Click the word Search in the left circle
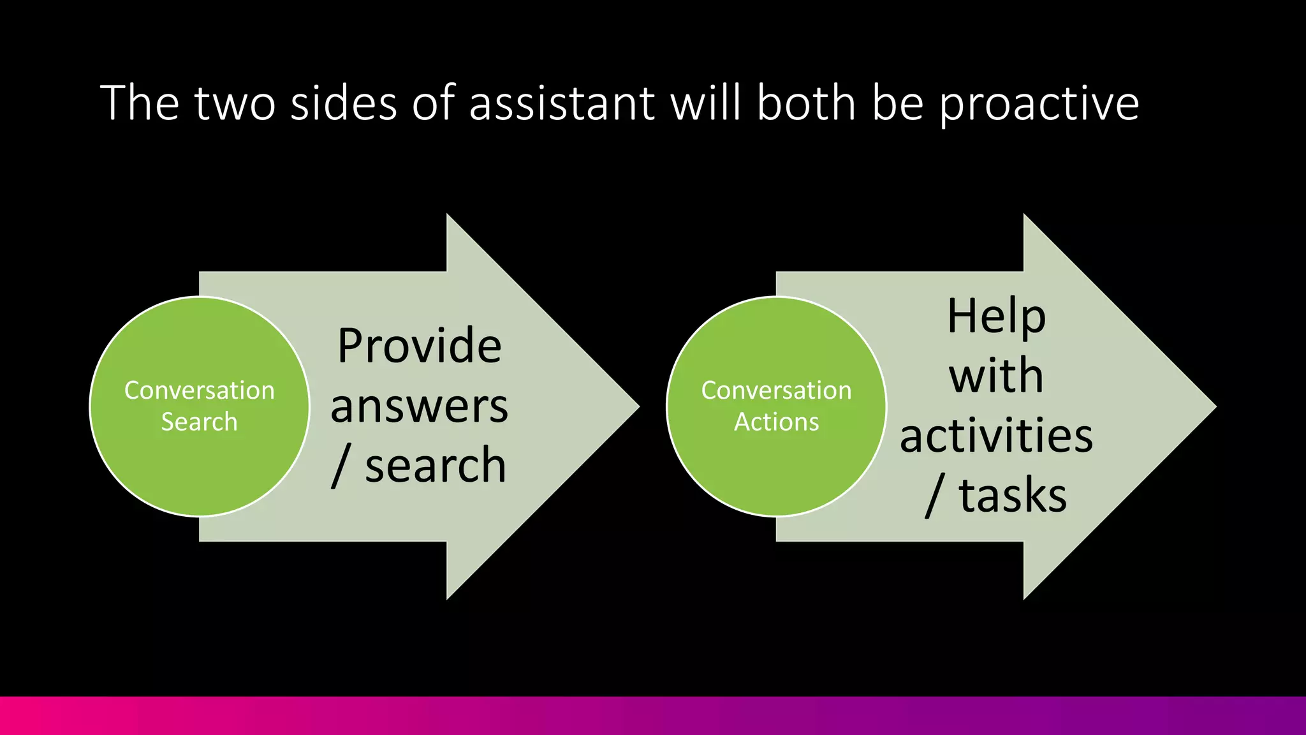(x=199, y=422)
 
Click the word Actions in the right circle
(x=776, y=422)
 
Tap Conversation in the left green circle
(x=199, y=390)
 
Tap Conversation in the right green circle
(x=776, y=390)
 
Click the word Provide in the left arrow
(x=419, y=346)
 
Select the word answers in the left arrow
(x=419, y=406)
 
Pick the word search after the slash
(x=436, y=466)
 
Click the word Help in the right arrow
(x=996, y=316)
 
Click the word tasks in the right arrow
(x=1013, y=496)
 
